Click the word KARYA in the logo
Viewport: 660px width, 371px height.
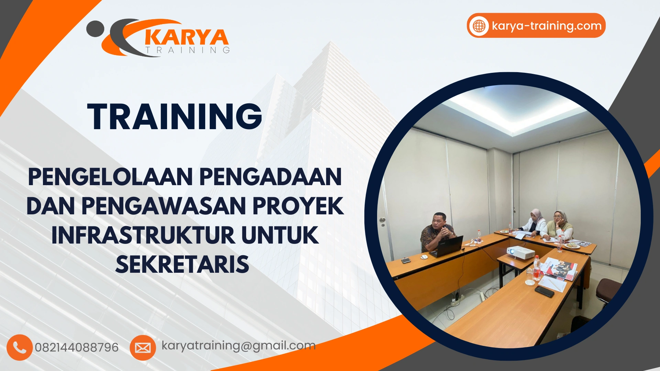tap(187, 37)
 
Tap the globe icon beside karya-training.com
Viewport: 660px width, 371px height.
tap(479, 26)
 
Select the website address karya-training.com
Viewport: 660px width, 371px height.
tap(547, 26)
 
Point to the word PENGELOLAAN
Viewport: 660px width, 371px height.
tap(110, 177)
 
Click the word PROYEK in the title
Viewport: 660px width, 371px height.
tap(298, 206)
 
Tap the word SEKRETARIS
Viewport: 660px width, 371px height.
tap(182, 265)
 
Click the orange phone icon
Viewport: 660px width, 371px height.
tap(20, 347)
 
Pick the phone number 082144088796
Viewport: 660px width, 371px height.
tap(77, 348)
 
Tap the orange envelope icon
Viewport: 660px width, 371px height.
tap(143, 348)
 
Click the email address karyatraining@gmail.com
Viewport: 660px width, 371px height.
tap(239, 346)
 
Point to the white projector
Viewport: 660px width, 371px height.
tap(520, 252)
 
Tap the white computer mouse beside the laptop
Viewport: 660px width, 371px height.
tap(425, 256)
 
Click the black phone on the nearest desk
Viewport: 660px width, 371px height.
tap(544, 291)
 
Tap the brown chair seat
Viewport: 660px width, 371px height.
tap(608, 289)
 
